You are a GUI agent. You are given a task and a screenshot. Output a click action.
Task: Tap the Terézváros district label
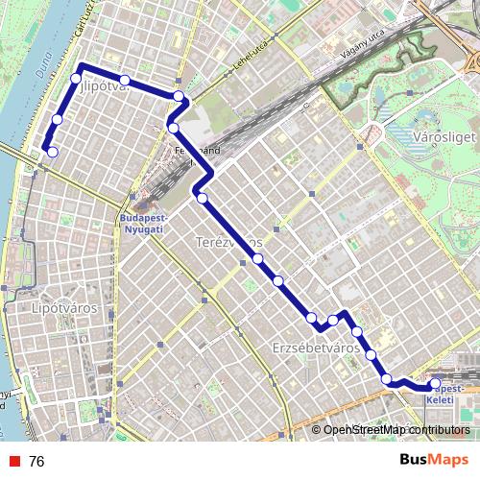click(x=228, y=242)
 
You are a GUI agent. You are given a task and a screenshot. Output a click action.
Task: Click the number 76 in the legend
click(x=36, y=461)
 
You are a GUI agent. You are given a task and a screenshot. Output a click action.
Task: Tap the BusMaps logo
click(x=436, y=460)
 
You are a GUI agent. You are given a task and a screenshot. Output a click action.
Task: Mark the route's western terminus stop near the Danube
click(x=52, y=152)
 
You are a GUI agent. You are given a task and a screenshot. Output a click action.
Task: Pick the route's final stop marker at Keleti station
click(x=435, y=383)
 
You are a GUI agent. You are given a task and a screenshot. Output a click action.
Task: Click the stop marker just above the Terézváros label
click(x=203, y=198)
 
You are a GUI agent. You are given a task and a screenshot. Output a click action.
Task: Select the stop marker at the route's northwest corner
click(x=77, y=78)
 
